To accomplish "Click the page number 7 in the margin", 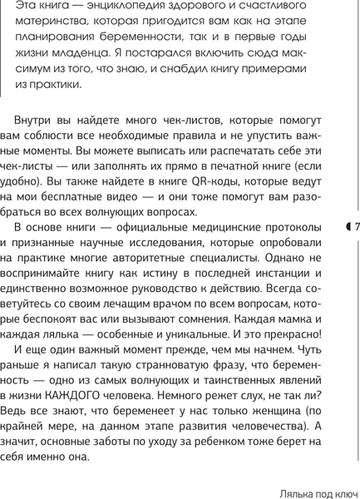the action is coord(355,228).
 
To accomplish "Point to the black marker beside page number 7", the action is coord(348,228).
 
